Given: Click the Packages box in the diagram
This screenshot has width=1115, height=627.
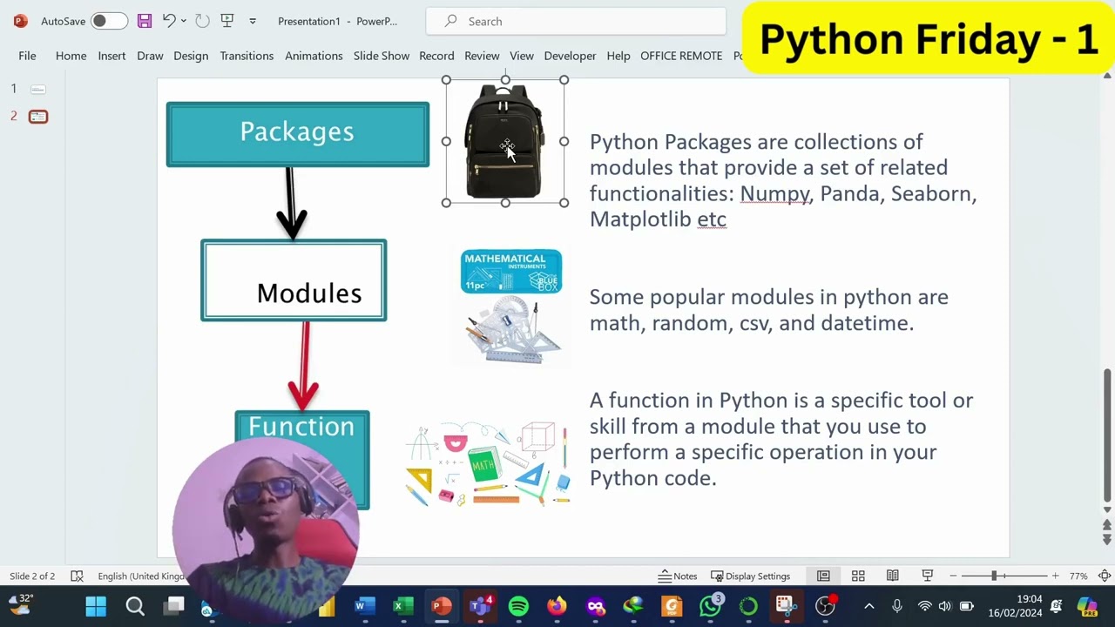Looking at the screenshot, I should tap(297, 133).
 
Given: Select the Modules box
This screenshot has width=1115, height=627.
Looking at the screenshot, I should tap(294, 281).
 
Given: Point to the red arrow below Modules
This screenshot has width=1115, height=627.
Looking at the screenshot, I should tap(303, 366).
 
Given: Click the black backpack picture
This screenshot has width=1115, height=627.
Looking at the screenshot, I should tap(504, 141).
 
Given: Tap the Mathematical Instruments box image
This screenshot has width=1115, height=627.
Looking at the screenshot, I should tap(511, 272).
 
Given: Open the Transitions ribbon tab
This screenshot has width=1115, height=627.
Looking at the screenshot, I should tap(247, 56).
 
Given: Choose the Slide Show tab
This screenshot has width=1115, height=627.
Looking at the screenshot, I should tap(381, 56).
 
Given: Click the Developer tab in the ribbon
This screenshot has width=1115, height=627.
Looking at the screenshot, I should tap(570, 56).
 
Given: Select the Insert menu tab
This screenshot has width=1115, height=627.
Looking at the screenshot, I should tap(111, 56).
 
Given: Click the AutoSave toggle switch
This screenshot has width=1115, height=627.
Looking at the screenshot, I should tap(109, 21).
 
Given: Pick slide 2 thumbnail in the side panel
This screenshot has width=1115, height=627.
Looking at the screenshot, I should tap(38, 117).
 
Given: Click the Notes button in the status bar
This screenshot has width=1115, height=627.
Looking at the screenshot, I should tap(678, 576).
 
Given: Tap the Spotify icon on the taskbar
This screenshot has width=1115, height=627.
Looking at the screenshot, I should tap(518, 606).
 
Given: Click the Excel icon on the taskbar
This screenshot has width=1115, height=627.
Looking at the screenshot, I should tap(402, 606).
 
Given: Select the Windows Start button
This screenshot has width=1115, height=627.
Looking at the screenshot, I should tap(96, 606).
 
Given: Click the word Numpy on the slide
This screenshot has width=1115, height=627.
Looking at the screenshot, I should tap(774, 193).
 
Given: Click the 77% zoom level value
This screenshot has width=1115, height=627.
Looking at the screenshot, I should tap(1078, 576).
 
